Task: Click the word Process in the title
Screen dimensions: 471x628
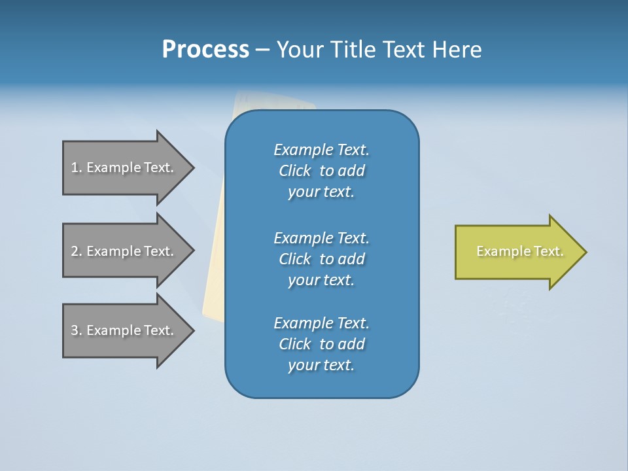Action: tap(205, 50)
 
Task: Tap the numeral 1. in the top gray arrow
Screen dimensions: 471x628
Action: tap(77, 168)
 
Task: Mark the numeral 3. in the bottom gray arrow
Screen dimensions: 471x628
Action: tap(77, 331)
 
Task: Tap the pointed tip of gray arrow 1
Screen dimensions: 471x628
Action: tap(191, 167)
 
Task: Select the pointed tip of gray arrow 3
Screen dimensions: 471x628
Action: tap(191, 330)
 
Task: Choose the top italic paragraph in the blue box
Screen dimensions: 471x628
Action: tap(321, 171)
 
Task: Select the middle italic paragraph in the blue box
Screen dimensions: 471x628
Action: tap(321, 259)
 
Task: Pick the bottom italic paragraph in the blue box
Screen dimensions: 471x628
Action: tap(321, 344)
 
